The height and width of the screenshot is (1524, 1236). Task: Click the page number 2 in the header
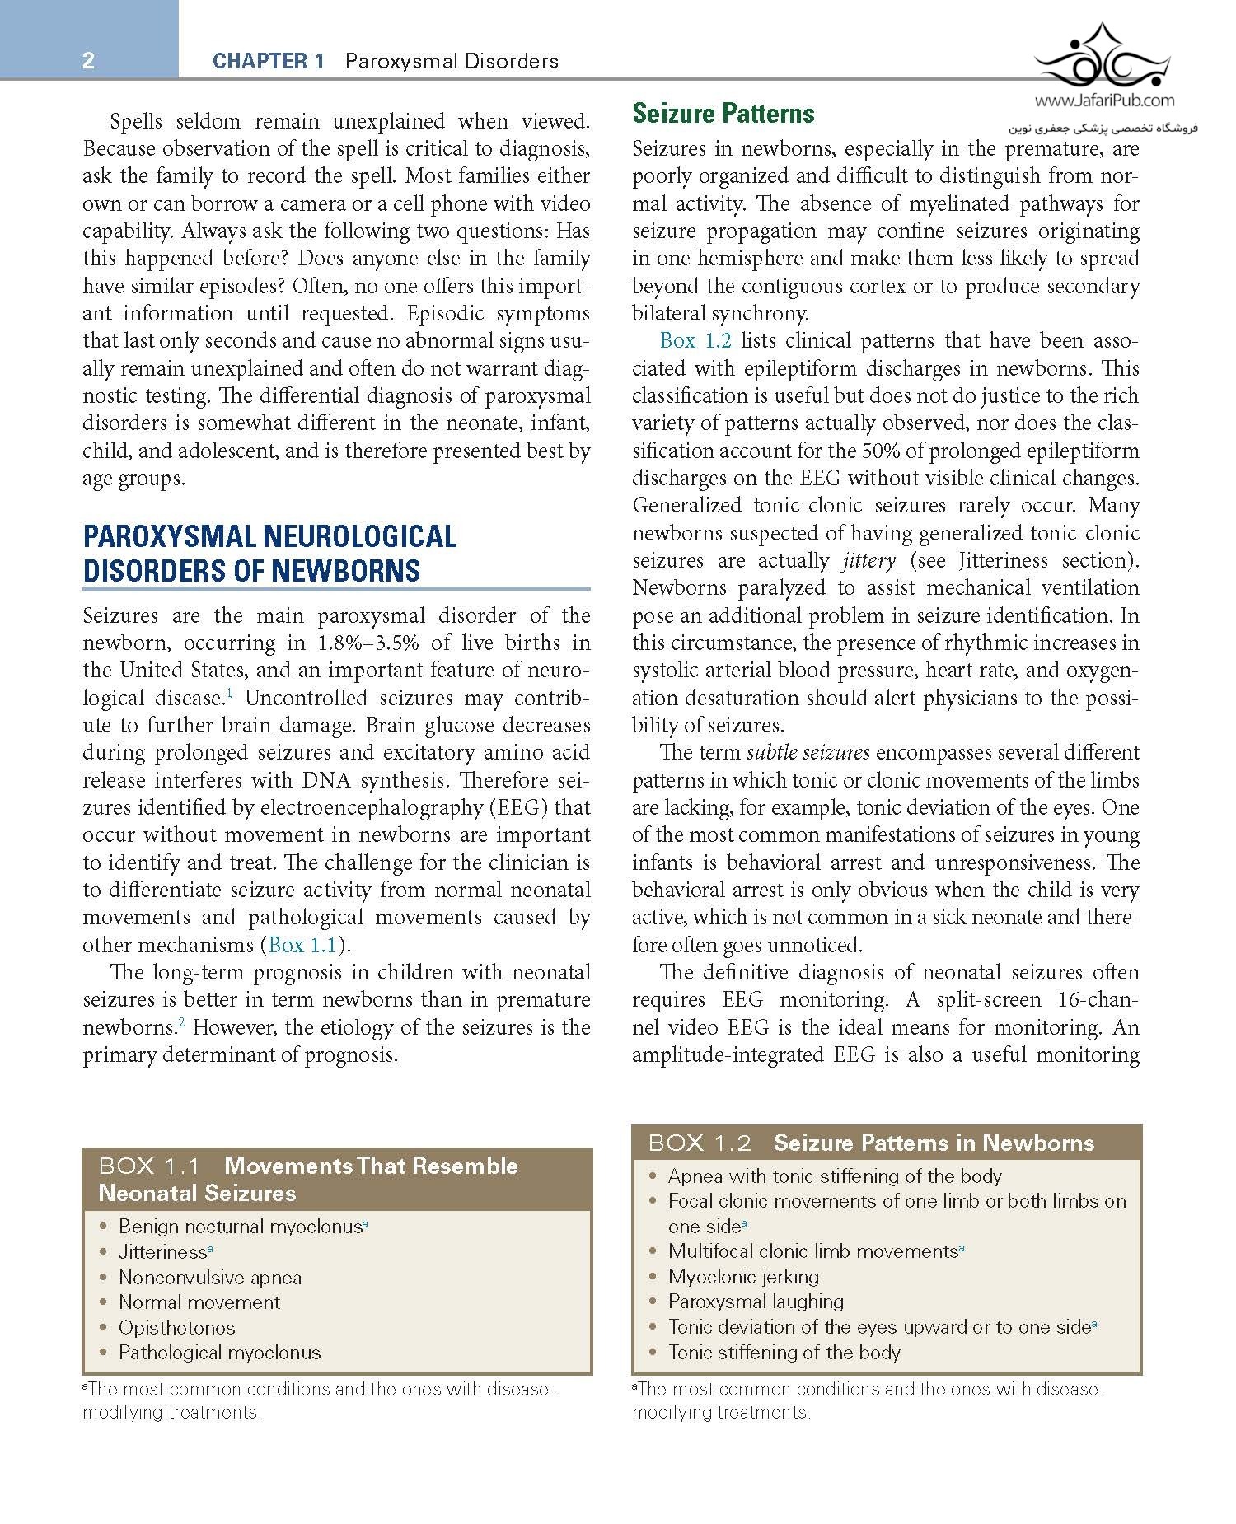tap(88, 60)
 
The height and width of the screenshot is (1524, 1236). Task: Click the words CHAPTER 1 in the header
tap(268, 61)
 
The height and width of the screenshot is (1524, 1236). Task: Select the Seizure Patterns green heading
tap(723, 114)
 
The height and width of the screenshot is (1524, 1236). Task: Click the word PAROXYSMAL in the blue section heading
tap(170, 537)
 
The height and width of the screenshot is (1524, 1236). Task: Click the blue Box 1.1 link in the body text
tap(302, 945)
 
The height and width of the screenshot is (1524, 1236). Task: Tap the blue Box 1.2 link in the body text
tap(695, 341)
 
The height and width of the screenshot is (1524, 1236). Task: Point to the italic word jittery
tap(868, 561)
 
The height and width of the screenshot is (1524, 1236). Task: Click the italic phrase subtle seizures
tap(808, 753)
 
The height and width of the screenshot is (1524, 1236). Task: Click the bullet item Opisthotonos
tap(176, 1328)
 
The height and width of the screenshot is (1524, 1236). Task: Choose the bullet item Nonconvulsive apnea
tap(210, 1278)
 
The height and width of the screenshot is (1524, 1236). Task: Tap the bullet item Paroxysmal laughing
tap(756, 1302)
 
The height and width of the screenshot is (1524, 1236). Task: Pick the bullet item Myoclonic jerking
tap(743, 1277)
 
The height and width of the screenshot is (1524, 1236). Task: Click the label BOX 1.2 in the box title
tap(700, 1143)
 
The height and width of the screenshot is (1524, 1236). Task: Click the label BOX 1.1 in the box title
tap(149, 1166)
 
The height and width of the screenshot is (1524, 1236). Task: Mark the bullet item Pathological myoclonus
tap(219, 1353)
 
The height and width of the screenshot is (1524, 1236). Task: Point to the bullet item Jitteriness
tap(162, 1252)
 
